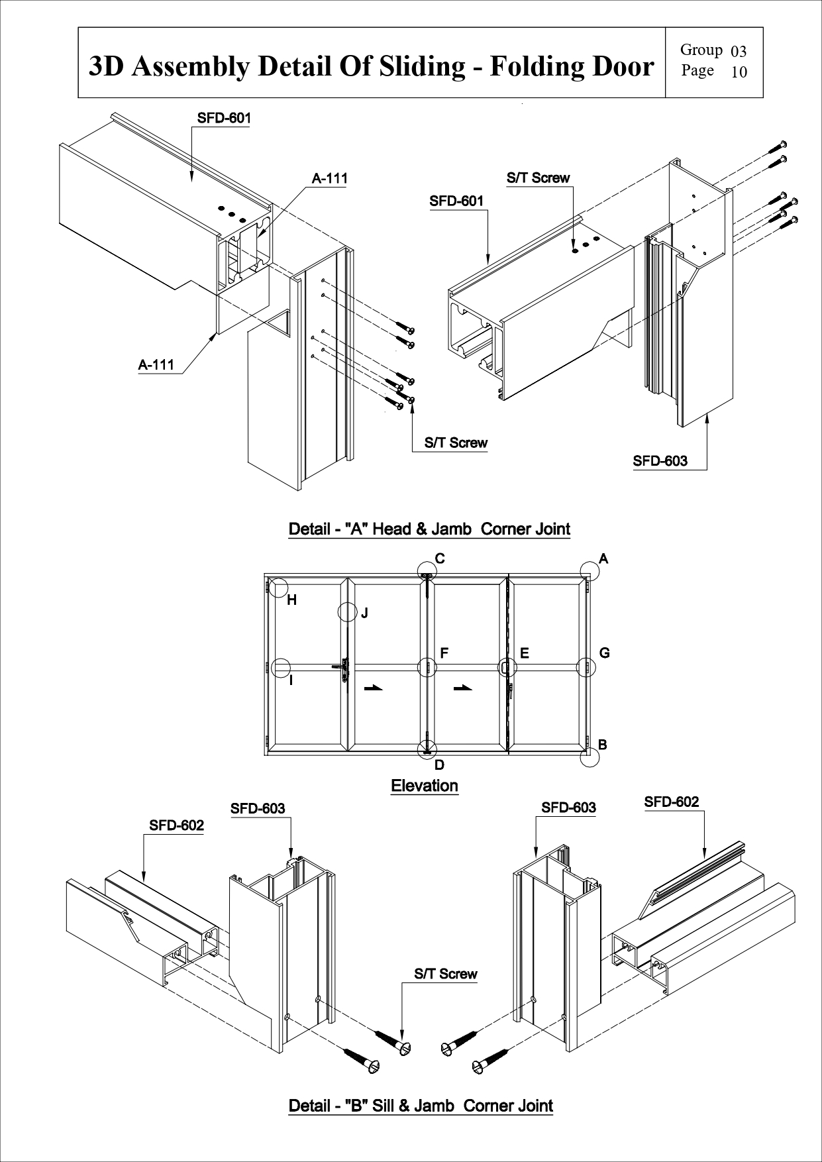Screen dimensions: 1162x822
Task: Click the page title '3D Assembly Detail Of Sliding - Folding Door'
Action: pos(371,66)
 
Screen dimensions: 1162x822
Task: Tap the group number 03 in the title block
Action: pos(739,52)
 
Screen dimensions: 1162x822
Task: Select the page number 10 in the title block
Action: pos(739,72)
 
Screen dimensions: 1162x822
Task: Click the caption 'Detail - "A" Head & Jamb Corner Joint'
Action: pos(429,529)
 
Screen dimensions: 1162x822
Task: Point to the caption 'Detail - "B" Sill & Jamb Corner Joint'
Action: pos(421,1106)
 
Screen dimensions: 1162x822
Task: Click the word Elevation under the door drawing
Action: pos(425,786)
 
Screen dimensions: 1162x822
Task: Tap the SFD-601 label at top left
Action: pos(224,118)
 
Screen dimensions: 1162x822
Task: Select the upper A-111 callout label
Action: pos(329,178)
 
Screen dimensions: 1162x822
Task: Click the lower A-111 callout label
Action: pos(156,364)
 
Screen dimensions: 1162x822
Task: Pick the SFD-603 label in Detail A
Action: pos(660,461)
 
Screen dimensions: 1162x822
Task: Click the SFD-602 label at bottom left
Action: pos(176,825)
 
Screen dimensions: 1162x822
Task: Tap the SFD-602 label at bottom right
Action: pos(672,802)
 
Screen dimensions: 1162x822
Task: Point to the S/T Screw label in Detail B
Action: pos(445,974)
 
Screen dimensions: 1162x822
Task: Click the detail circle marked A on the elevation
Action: pos(590,570)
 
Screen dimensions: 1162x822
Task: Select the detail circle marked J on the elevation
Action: pos(348,611)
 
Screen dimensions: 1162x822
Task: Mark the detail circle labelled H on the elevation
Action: pos(279,588)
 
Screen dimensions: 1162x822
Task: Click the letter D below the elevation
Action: pos(439,765)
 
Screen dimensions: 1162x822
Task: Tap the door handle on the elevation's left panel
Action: pos(344,670)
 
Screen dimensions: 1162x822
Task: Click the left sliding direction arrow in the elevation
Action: pos(374,688)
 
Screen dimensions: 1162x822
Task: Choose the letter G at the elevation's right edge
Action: pos(604,653)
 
